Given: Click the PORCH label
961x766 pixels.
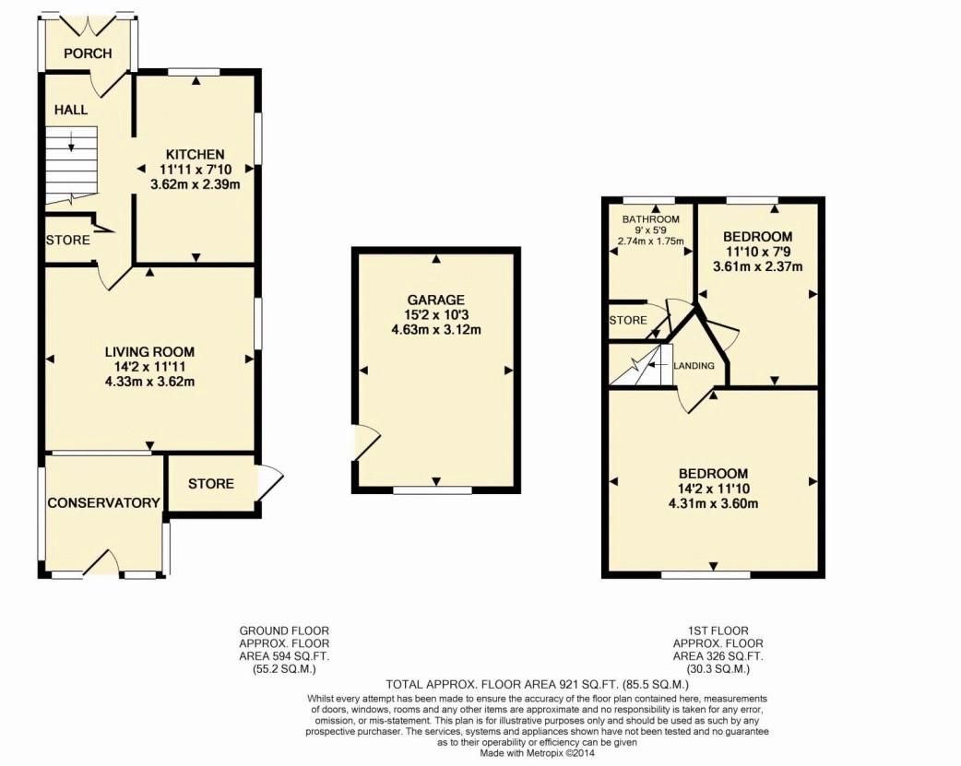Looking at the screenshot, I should [88, 53].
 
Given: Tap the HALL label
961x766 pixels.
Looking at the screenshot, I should [71, 110].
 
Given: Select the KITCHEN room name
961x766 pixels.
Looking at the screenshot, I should [195, 154].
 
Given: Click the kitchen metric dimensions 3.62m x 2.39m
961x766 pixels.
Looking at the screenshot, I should [195, 184].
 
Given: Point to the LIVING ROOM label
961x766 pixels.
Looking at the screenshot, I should [149, 351].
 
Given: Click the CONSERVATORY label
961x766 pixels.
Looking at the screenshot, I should [104, 502].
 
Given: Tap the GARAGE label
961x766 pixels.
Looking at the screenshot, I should [436, 300].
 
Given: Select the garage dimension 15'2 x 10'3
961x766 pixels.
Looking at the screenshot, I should [436, 314].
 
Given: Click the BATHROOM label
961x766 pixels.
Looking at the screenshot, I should [650, 219].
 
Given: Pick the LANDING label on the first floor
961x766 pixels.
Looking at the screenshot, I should [694, 366].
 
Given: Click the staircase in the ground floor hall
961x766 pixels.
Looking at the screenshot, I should [71, 164].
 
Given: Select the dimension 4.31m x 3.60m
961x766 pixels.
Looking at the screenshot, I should [713, 503].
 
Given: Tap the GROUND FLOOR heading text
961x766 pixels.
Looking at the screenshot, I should [284, 630].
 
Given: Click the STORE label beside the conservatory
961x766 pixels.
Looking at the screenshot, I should [211, 484].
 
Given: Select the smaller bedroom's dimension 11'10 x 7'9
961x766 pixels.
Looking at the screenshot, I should [757, 252].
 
